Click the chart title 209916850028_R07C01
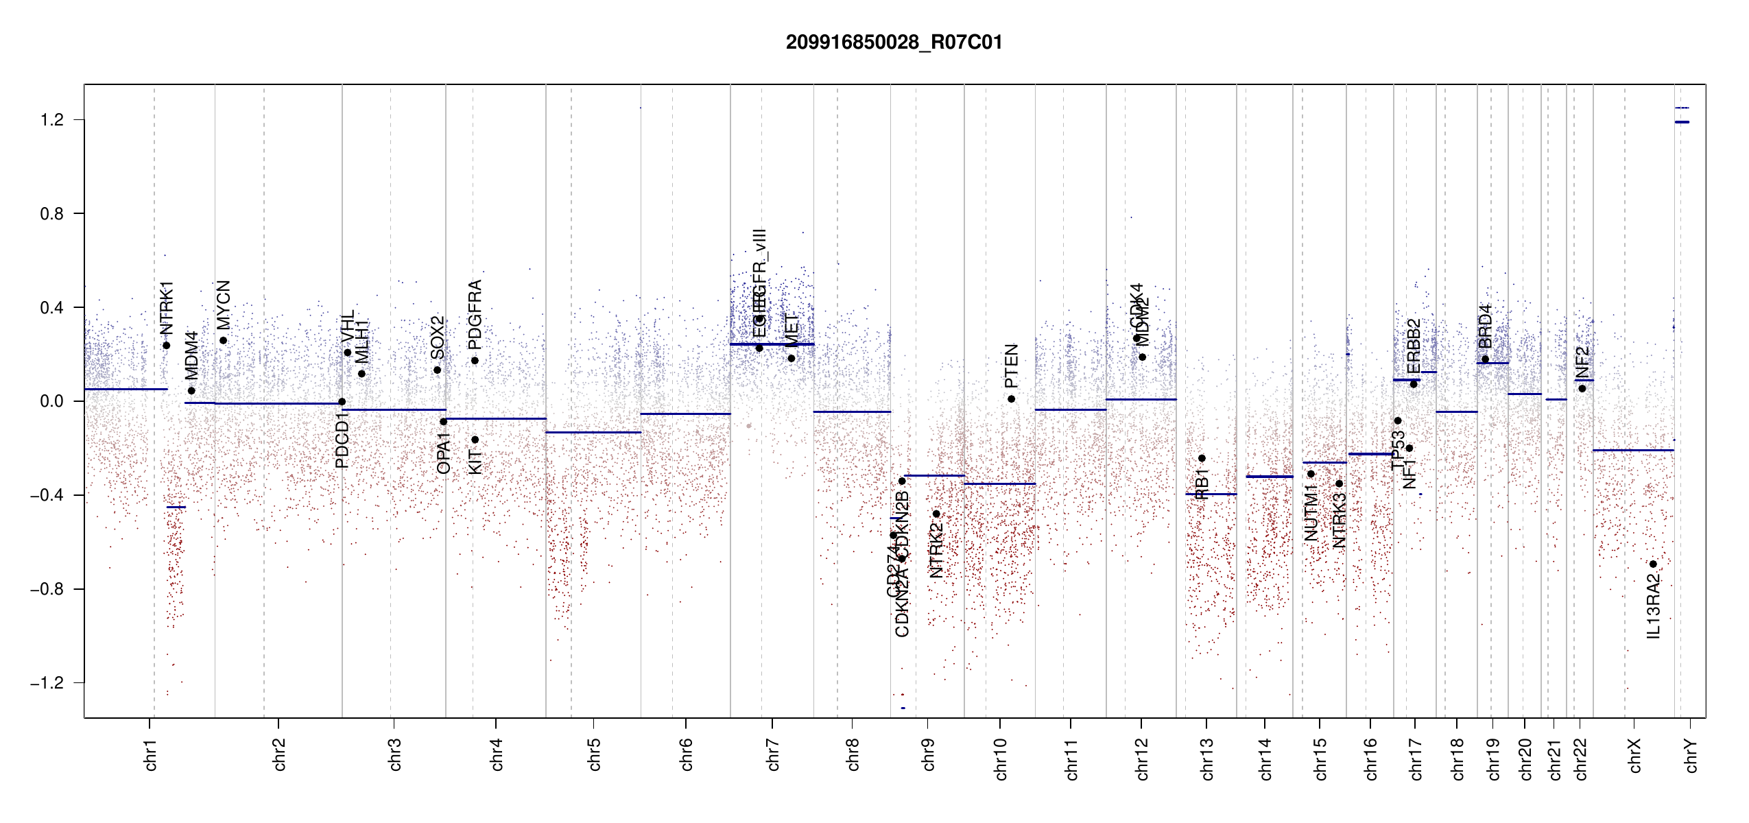[894, 43]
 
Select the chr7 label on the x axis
[773, 754]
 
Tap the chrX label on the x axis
[1634, 755]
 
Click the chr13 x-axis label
[1206, 759]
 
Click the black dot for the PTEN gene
[1011, 398]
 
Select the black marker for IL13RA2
[1653, 564]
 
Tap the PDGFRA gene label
[475, 315]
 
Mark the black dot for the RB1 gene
[1202, 458]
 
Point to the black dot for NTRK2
[936, 514]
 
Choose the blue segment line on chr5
[593, 432]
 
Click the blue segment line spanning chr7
[772, 344]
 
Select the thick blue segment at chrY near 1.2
[1682, 122]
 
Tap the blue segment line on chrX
[1633, 450]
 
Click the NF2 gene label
[1582, 363]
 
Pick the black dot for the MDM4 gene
[191, 391]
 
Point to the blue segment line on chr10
[999, 484]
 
